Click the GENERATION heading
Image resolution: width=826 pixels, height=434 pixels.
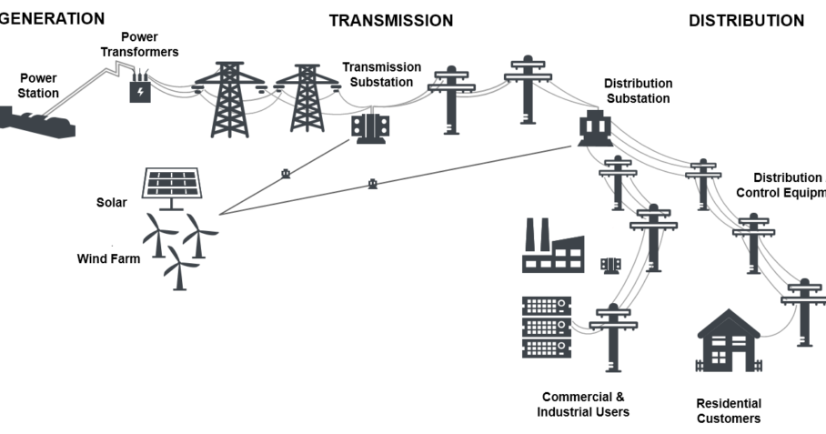tap(52, 18)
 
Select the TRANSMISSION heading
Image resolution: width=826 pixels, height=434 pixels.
tap(390, 21)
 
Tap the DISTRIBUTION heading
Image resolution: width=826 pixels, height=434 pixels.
tap(746, 21)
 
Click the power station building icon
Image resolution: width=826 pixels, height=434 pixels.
tap(36, 121)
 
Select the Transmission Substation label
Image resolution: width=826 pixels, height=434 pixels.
tap(381, 75)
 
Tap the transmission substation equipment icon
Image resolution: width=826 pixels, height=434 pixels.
tap(371, 127)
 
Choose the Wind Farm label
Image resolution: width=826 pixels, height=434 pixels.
tap(108, 259)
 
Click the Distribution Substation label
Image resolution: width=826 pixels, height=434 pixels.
tap(638, 91)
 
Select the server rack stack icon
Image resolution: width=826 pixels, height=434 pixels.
tap(546, 327)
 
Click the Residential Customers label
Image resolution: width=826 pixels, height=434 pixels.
tap(728, 411)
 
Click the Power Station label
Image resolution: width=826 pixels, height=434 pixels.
tap(39, 86)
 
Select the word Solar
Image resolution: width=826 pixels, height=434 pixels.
tap(111, 202)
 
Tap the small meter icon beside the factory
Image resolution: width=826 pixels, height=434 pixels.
tap(610, 264)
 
